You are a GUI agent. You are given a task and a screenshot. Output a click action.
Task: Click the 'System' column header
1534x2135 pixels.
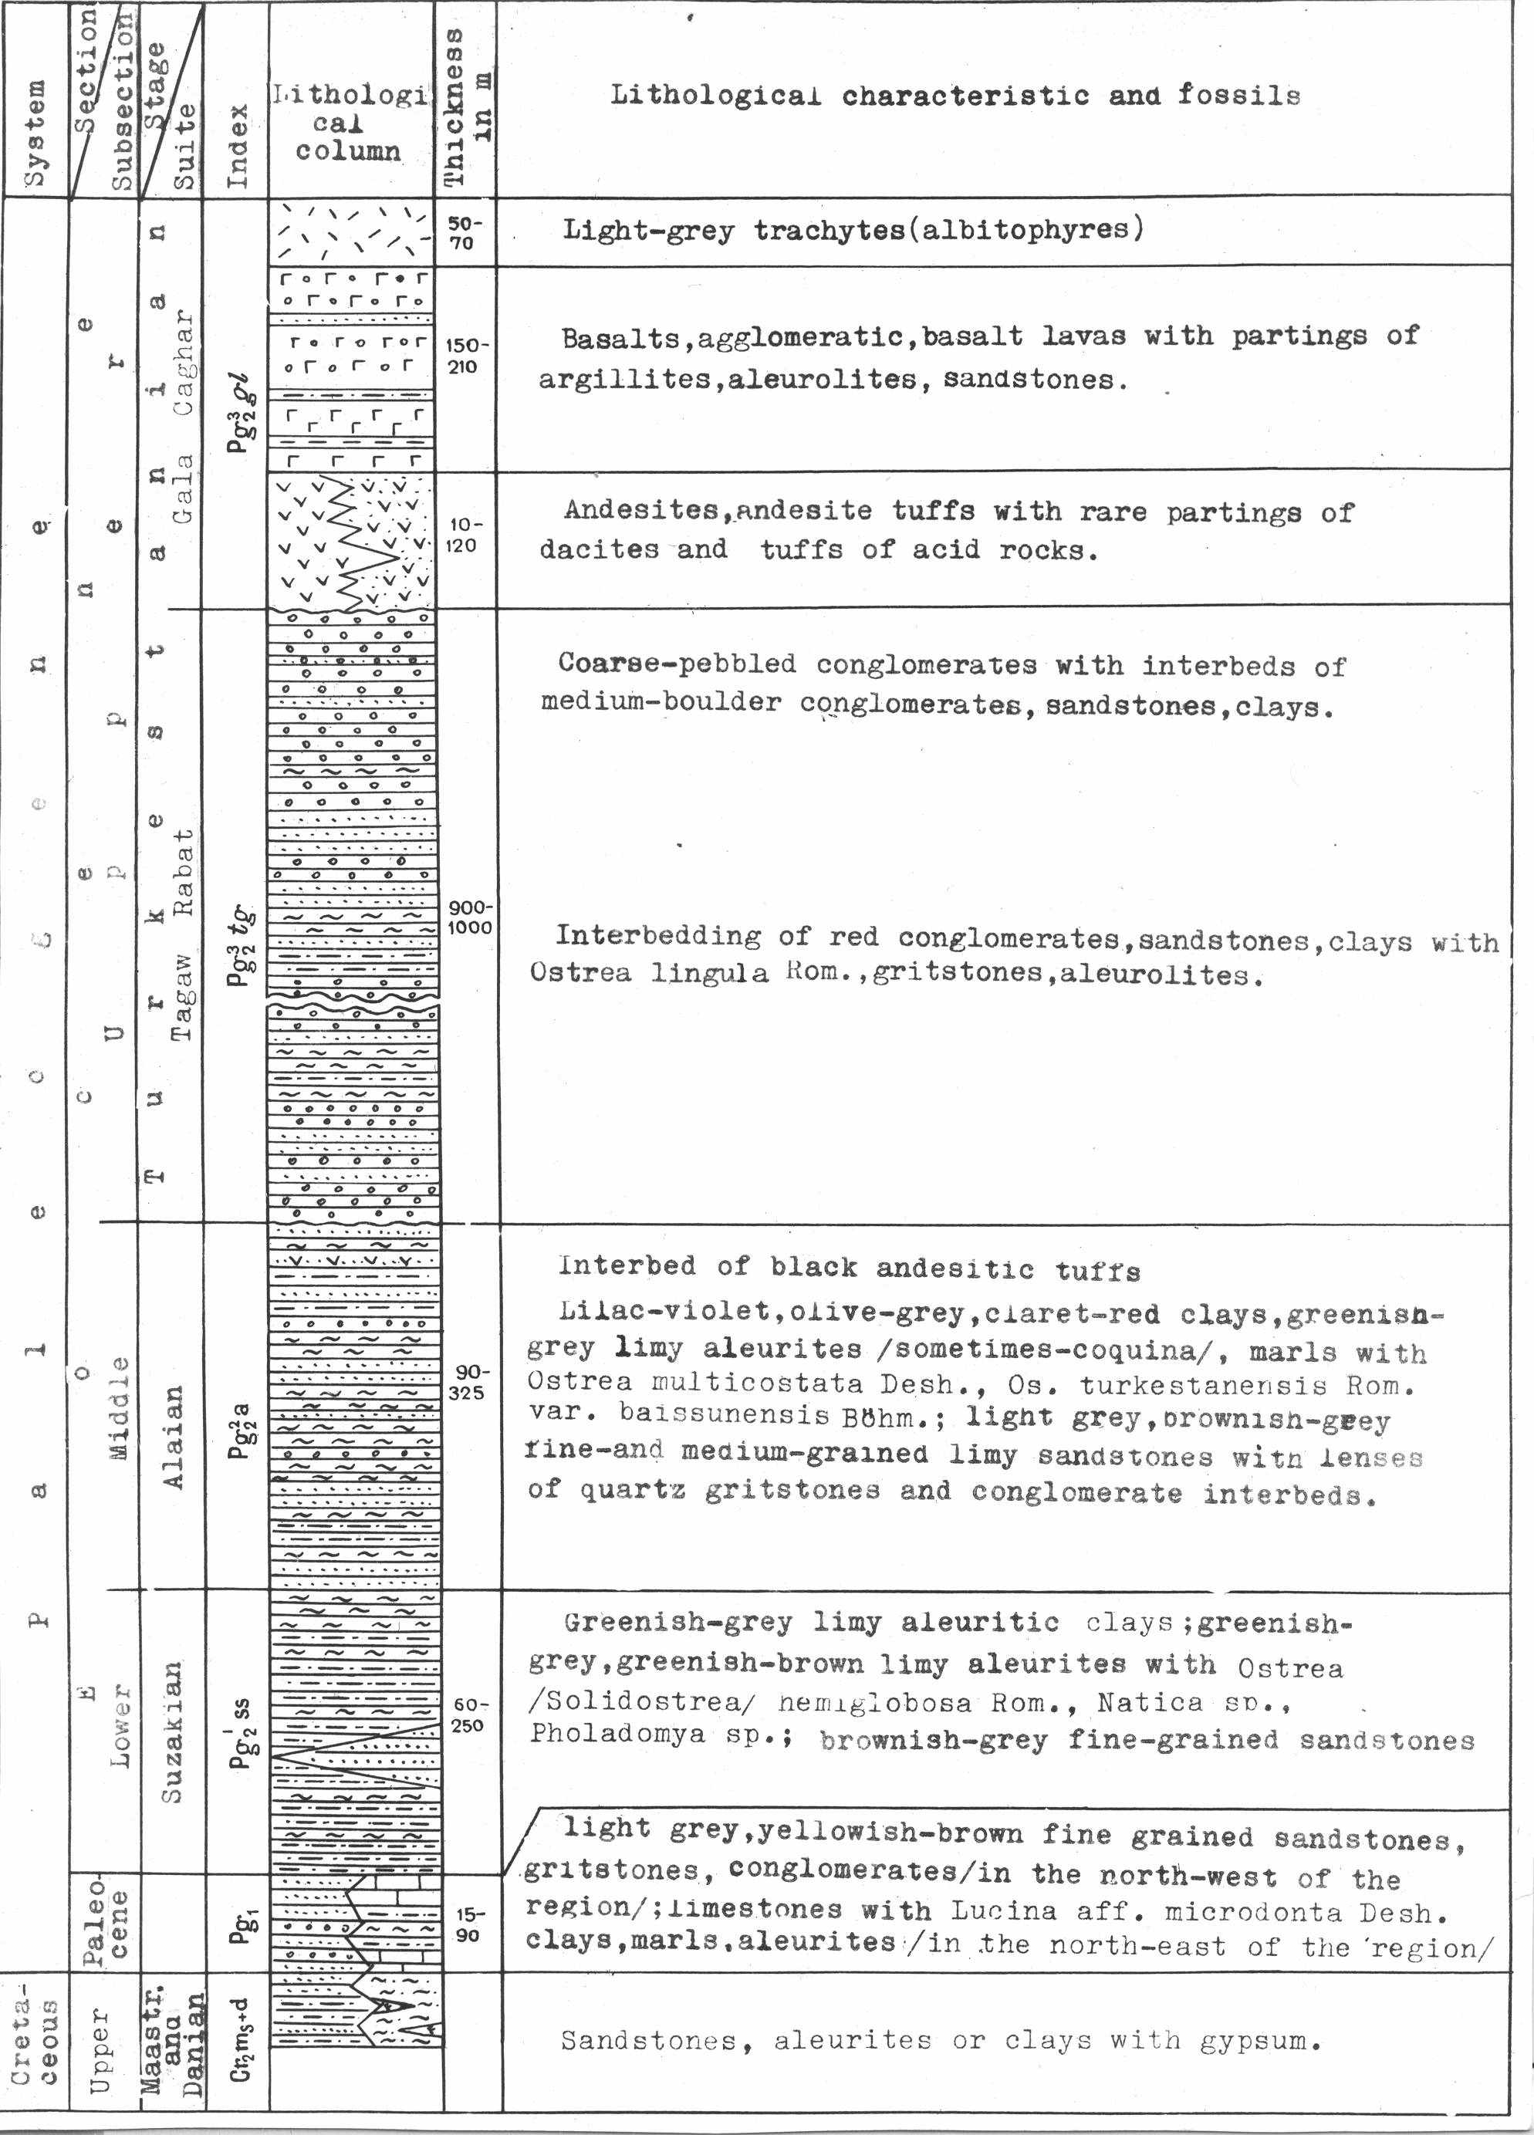(34, 132)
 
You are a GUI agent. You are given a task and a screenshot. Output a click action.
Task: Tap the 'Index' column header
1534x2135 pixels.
(238, 145)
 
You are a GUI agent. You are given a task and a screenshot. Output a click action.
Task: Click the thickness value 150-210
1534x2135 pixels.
(462, 356)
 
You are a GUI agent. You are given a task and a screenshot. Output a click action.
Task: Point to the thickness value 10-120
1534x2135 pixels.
(462, 535)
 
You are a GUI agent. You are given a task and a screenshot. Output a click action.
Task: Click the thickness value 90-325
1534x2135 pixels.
(467, 1383)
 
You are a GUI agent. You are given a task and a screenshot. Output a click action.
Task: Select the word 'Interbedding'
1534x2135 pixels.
(657, 937)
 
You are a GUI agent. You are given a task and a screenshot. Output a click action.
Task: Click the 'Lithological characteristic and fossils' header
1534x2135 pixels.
(955, 96)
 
